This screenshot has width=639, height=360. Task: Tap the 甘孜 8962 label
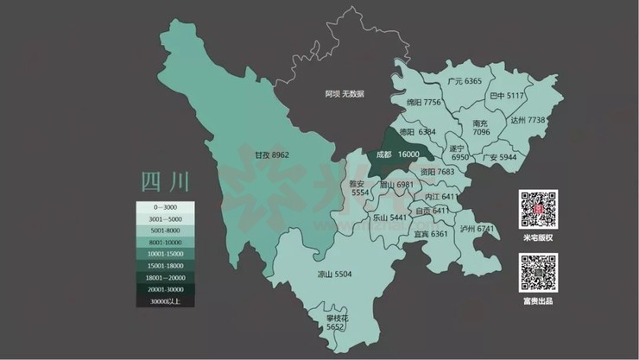coord(271,156)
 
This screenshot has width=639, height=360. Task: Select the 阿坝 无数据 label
coord(344,92)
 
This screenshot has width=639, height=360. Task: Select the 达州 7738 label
coord(528,120)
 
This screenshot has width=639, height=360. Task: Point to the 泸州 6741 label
coord(478,229)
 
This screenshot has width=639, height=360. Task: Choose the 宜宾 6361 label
coord(431,234)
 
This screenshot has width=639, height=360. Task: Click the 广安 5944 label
coord(499,158)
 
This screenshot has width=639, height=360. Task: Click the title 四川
coord(164,182)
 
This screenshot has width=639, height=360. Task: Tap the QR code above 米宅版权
coord(538,209)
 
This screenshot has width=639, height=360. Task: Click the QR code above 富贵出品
coord(538,273)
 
